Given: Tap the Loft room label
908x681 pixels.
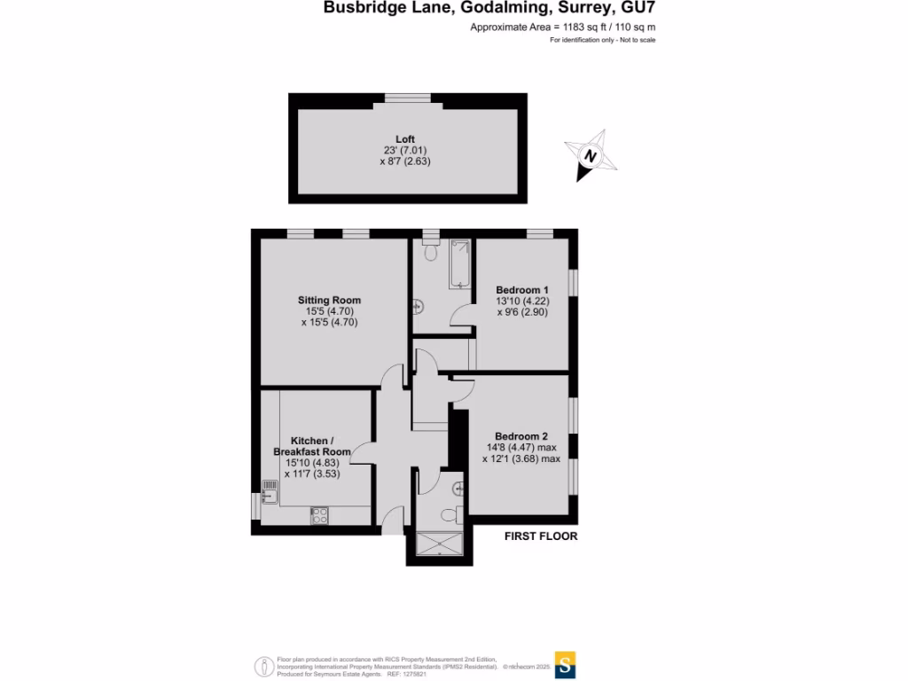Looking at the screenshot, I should coord(405,139).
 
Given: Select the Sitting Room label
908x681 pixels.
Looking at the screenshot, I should coord(329,301).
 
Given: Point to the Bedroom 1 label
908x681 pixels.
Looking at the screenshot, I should coord(522,290).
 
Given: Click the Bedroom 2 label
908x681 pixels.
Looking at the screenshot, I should coord(521,435).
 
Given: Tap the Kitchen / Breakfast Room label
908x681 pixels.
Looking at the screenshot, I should coord(311,446).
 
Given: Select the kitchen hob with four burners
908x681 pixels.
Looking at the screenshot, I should coord(320,515).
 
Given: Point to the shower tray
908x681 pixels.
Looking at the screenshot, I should coord(439,543).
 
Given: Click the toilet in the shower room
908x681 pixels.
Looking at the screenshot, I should coord(450,514).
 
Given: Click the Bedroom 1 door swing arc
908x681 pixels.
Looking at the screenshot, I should coord(463,316).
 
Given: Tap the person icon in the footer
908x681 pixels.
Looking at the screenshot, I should coord(263,666).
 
